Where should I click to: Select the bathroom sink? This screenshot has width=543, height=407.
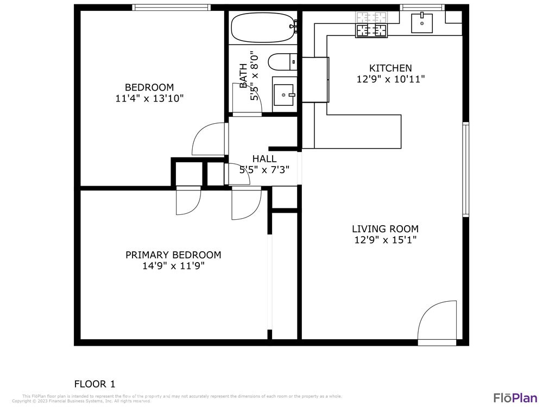point(284,94)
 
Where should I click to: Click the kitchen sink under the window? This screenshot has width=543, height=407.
point(421,22)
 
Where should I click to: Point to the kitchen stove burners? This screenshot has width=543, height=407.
point(372,25)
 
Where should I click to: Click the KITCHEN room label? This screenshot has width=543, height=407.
point(390,68)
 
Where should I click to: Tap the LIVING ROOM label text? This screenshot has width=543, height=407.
point(385,229)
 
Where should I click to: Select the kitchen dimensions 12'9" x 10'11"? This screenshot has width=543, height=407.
point(390,79)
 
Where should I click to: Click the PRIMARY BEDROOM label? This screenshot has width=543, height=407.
point(173,255)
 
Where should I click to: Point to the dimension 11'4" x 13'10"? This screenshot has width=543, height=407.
point(149,99)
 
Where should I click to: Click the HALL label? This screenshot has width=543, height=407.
point(264,158)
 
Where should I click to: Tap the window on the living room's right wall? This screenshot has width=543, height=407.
point(465,169)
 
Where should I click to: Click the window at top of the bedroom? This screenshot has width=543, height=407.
point(171,7)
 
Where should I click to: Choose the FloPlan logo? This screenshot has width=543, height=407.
point(515,397)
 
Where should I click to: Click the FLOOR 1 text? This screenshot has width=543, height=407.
point(94,384)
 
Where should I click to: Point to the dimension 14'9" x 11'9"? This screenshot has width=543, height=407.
point(173,266)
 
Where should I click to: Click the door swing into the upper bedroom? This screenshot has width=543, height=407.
point(209,139)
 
